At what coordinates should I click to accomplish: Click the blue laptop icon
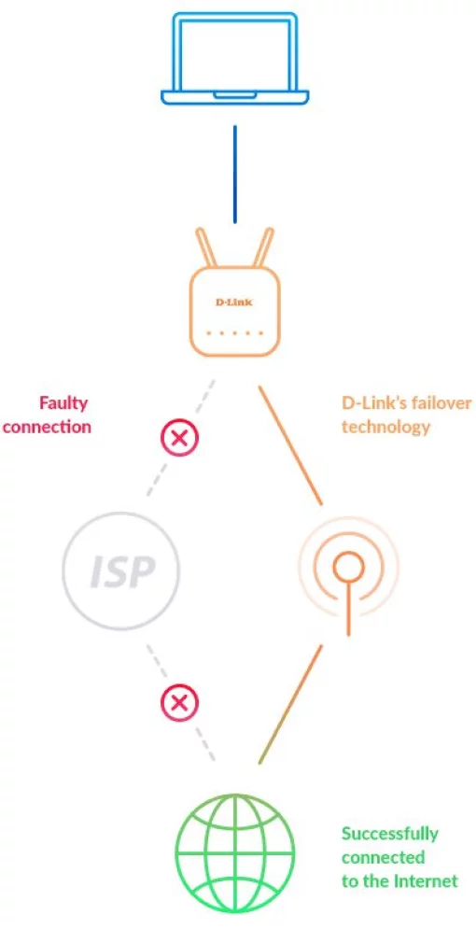click(x=234, y=58)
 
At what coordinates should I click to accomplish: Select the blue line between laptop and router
click(x=234, y=174)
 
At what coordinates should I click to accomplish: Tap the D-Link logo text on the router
click(x=234, y=303)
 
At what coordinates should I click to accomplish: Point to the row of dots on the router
click(x=234, y=333)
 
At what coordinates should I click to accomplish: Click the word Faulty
click(x=63, y=403)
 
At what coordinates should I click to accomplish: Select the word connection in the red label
click(x=47, y=427)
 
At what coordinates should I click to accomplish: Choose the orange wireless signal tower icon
click(x=348, y=570)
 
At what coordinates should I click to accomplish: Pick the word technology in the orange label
click(x=385, y=427)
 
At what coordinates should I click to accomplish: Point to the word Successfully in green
click(x=389, y=834)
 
